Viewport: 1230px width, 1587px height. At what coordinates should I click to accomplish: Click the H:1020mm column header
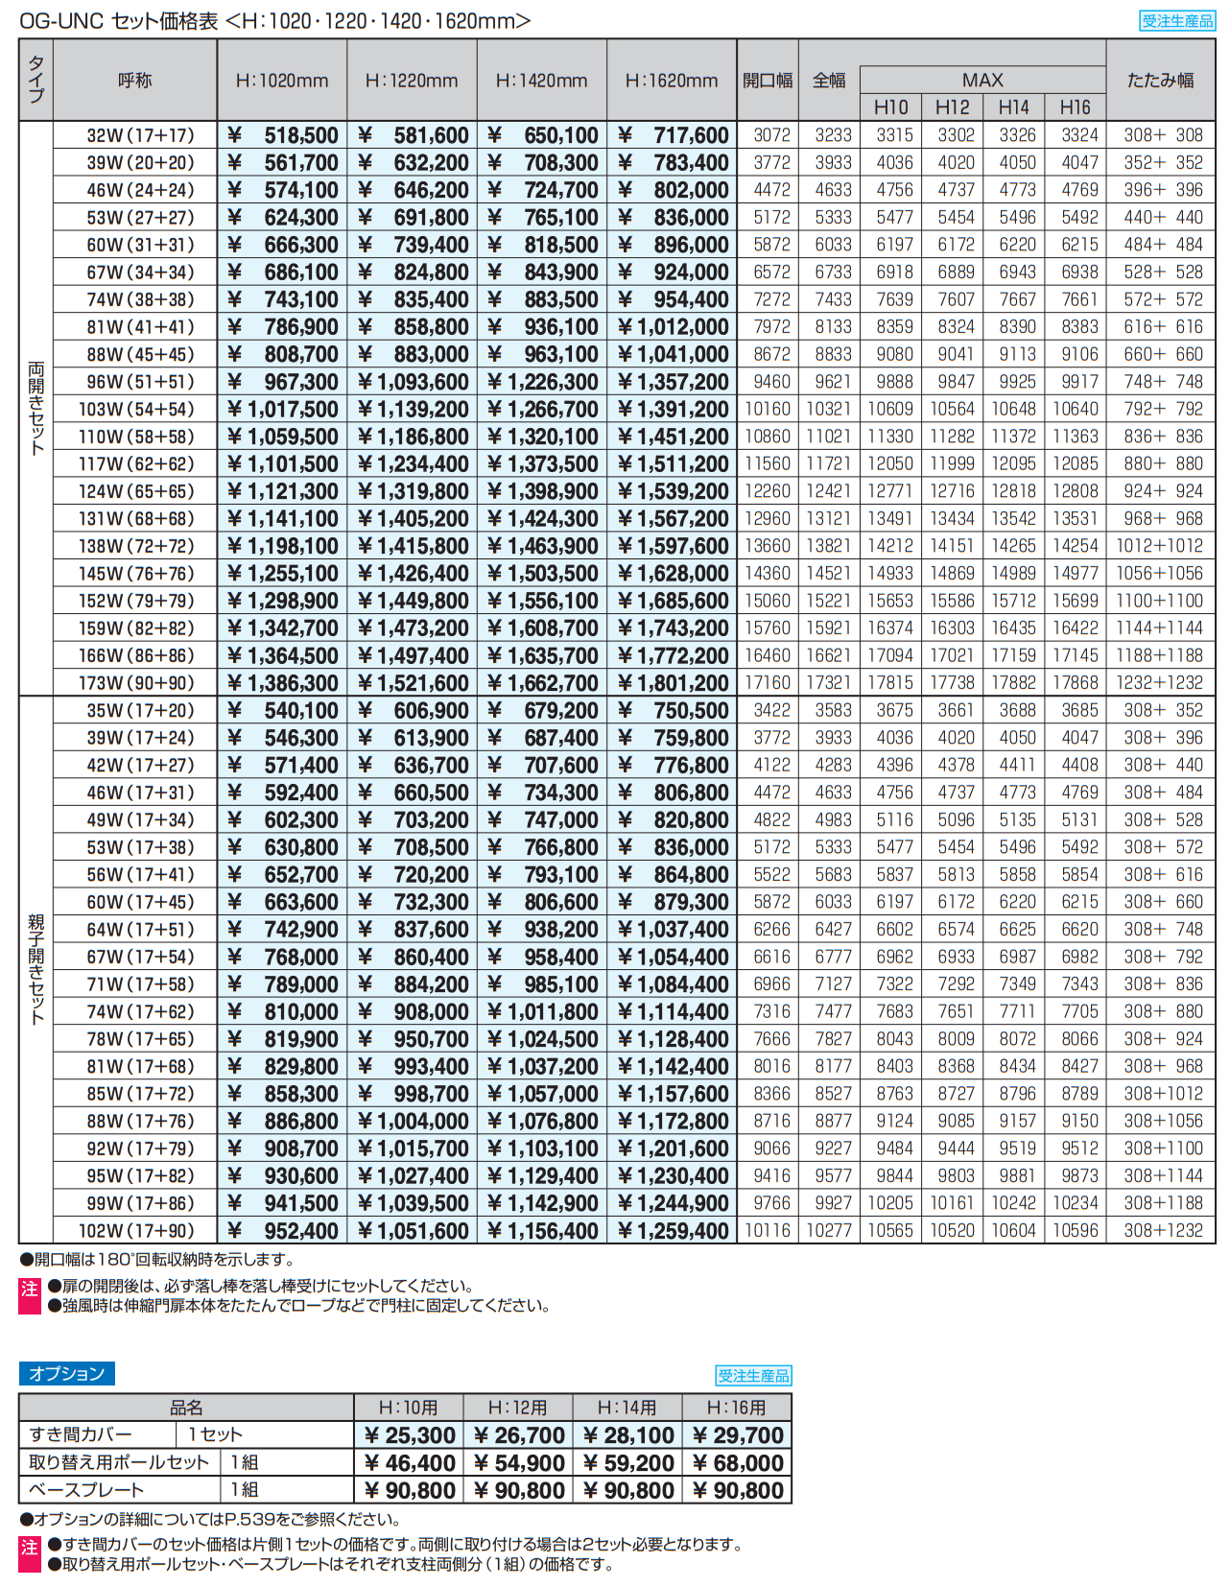(282, 81)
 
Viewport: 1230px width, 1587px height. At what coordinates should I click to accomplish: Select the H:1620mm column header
(672, 81)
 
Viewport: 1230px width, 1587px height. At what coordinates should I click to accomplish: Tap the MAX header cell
(982, 80)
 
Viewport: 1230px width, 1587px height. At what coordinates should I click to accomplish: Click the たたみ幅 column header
(1160, 81)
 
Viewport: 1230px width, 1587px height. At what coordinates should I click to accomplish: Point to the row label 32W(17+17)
(140, 135)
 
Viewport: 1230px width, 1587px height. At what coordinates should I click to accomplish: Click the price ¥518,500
(283, 135)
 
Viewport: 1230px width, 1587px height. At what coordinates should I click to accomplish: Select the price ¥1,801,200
(673, 683)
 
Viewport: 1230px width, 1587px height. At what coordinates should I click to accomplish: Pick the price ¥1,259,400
(673, 1230)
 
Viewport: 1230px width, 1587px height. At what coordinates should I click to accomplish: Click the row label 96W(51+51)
(140, 382)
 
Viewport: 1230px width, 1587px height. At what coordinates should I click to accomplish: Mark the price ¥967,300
(283, 382)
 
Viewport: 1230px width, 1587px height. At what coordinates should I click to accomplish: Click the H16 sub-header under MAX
(1075, 107)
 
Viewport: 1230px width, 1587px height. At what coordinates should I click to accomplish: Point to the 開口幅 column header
(768, 81)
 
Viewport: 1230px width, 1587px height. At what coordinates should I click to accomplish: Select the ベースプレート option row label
(86, 1489)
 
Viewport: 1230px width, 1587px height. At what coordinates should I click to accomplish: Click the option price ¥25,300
(410, 1434)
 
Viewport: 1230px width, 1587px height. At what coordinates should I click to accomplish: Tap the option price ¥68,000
(737, 1462)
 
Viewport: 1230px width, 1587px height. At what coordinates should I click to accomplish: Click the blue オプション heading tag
(66, 1373)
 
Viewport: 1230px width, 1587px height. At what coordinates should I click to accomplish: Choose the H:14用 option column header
(627, 1408)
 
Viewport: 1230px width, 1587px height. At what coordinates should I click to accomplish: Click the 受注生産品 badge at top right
(1177, 20)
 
